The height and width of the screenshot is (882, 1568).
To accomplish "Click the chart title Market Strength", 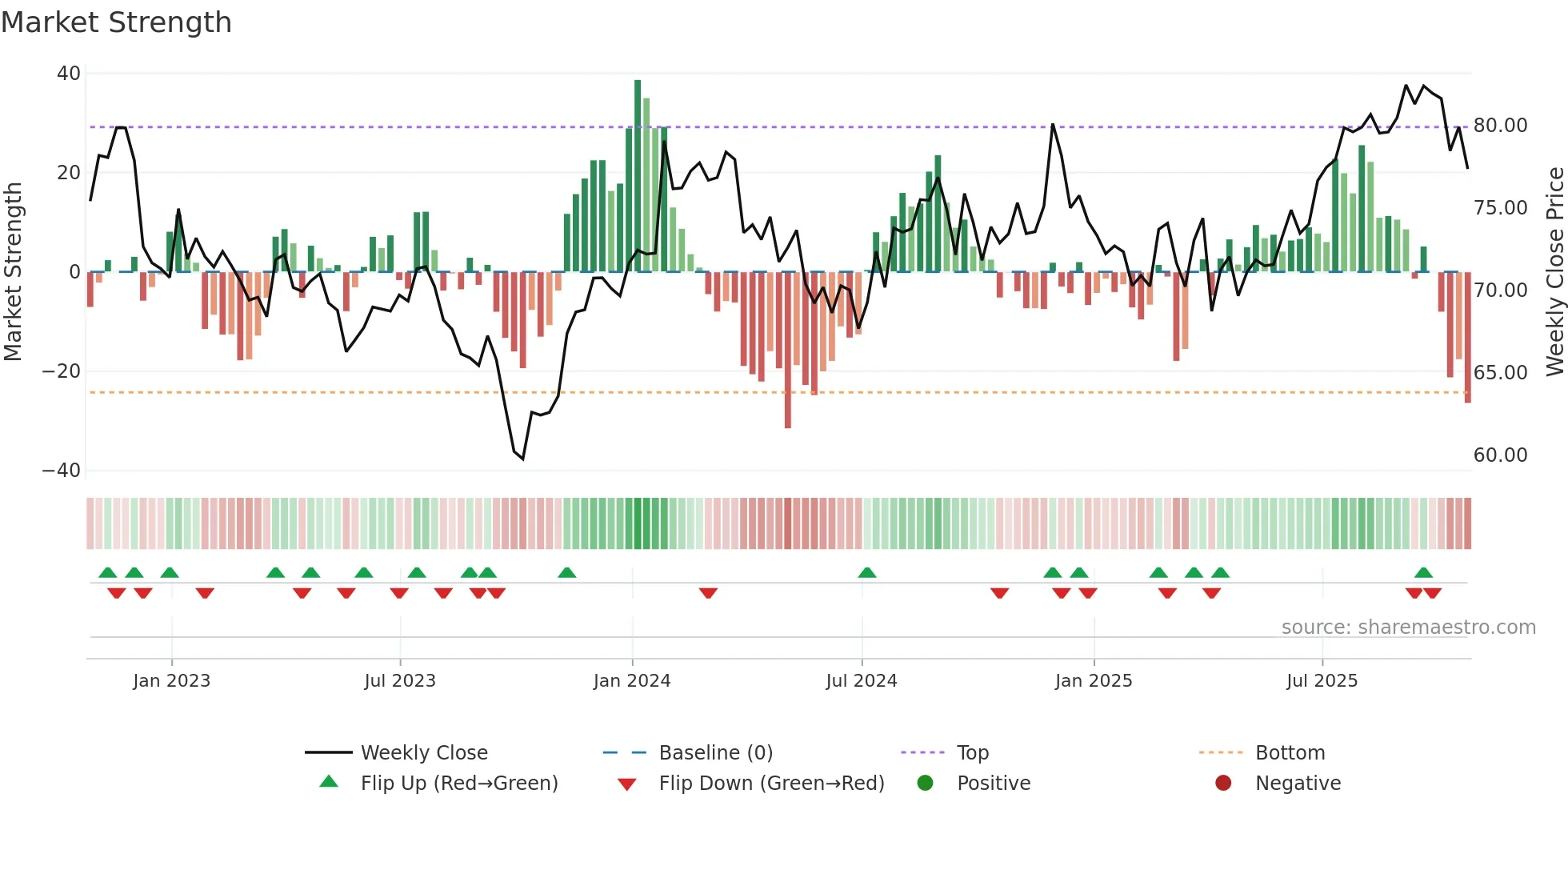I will point(116,22).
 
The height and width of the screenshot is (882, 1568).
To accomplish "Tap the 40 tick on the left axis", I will point(69,74).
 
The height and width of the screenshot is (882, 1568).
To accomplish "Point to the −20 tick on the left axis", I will point(62,371).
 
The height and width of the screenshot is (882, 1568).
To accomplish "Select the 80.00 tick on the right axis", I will point(1500,126).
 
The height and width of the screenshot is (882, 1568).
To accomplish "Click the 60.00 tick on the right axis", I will point(1500,455).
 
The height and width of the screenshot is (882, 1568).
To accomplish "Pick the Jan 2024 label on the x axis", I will point(631,681).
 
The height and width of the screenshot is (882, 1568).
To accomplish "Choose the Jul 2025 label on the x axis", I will point(1322,681).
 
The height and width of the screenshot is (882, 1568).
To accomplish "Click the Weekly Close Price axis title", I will point(1554,272).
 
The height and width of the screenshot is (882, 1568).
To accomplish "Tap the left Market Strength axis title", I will point(13,272).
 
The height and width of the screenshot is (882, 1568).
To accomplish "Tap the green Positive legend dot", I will point(925,784).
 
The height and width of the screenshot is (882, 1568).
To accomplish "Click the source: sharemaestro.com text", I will point(1408,627).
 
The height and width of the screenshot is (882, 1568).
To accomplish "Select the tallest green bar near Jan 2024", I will point(638,176).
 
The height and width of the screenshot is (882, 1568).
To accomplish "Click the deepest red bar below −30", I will point(788,352).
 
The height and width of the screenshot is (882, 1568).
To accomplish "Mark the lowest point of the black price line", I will point(522,459).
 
